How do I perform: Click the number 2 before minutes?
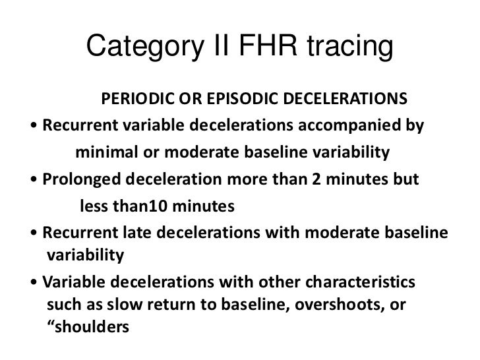tap(320, 181)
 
